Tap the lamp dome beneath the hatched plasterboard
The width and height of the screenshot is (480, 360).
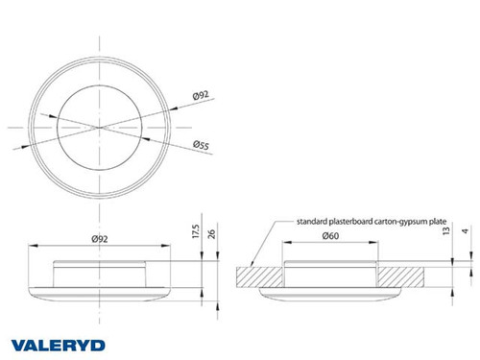coord(331,294)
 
